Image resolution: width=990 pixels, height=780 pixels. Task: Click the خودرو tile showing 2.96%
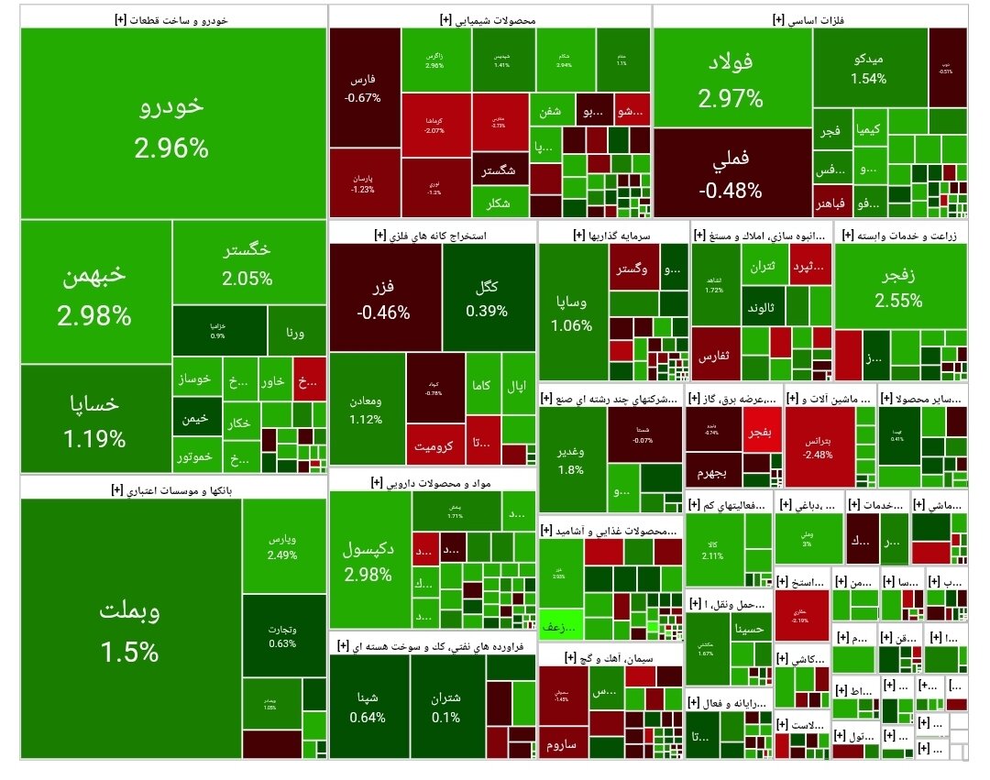tap(172, 124)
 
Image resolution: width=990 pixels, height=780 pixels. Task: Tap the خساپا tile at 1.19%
tap(94, 419)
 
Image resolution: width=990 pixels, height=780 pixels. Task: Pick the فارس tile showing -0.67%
tap(364, 88)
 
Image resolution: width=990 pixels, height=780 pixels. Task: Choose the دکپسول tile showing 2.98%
tap(368, 561)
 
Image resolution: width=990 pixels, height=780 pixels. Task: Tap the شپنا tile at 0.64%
tap(368, 706)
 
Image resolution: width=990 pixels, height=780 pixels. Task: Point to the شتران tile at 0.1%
tap(446, 706)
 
